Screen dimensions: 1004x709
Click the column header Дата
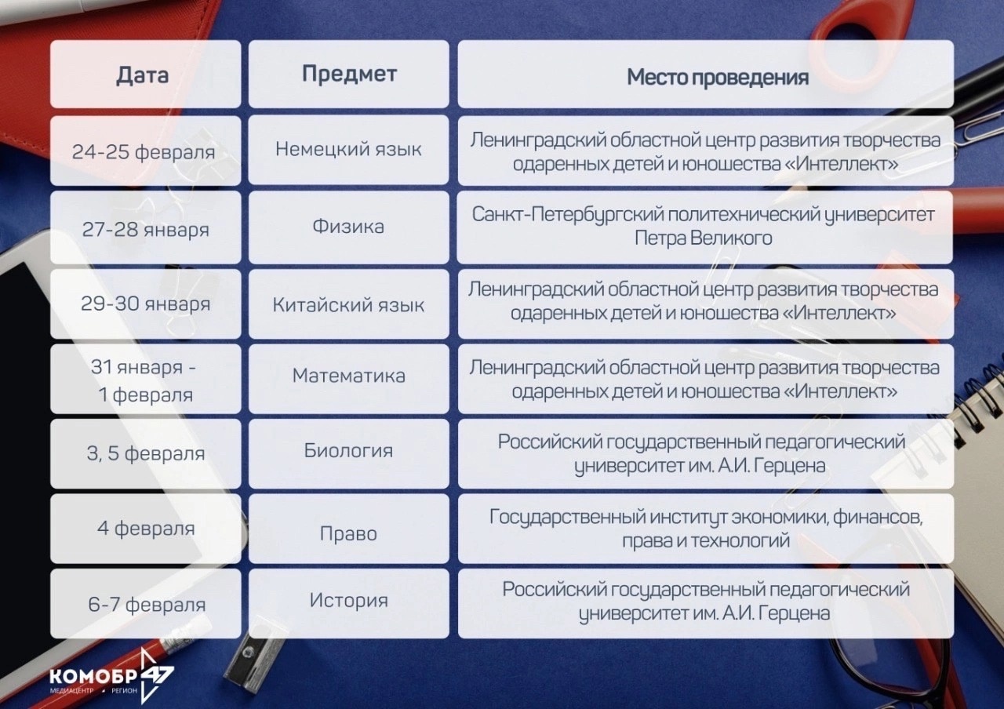[145, 75]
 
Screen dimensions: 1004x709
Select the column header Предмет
[349, 74]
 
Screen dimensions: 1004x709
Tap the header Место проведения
[705, 75]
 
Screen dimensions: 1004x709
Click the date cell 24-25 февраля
[145, 151]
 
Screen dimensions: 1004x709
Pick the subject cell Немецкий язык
[349, 150]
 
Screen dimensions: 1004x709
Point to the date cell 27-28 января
[145, 228]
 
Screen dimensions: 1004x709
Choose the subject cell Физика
[349, 227]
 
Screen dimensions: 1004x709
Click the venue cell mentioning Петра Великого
[704, 227]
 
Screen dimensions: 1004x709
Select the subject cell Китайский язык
[349, 304]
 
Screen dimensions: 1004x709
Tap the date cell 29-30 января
[145, 304]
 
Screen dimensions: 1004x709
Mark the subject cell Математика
[349, 379]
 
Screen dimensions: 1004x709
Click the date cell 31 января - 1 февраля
[145, 379]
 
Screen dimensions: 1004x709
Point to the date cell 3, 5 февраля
[145, 454]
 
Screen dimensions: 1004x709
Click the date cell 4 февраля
[145, 529]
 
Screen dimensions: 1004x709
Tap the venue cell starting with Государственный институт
[705, 529]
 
